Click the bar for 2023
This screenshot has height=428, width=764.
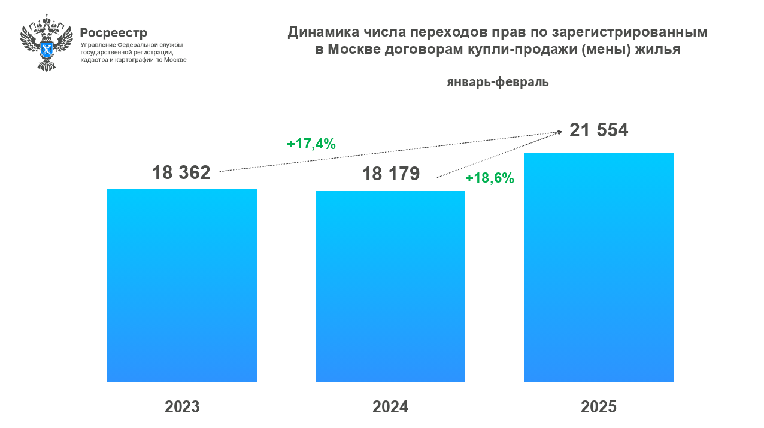[x=182, y=285]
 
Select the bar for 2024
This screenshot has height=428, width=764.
[x=390, y=286]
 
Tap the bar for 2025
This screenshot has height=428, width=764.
[x=599, y=267]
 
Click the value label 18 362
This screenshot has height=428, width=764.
[x=181, y=172]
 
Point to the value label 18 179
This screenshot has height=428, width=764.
[x=390, y=174]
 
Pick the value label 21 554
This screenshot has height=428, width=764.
[x=599, y=130]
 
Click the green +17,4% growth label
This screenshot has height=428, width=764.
[x=311, y=144]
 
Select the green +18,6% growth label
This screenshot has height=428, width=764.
[x=490, y=178]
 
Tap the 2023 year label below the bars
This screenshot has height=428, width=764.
[x=182, y=407]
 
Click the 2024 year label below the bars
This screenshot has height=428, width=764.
[x=390, y=407]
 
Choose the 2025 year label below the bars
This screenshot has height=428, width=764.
[x=599, y=407]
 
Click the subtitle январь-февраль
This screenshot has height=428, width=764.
[x=498, y=83]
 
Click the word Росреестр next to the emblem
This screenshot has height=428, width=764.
[x=113, y=32]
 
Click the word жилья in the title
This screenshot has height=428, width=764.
[x=659, y=50]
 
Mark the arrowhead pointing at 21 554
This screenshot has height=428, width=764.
[x=559, y=132]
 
